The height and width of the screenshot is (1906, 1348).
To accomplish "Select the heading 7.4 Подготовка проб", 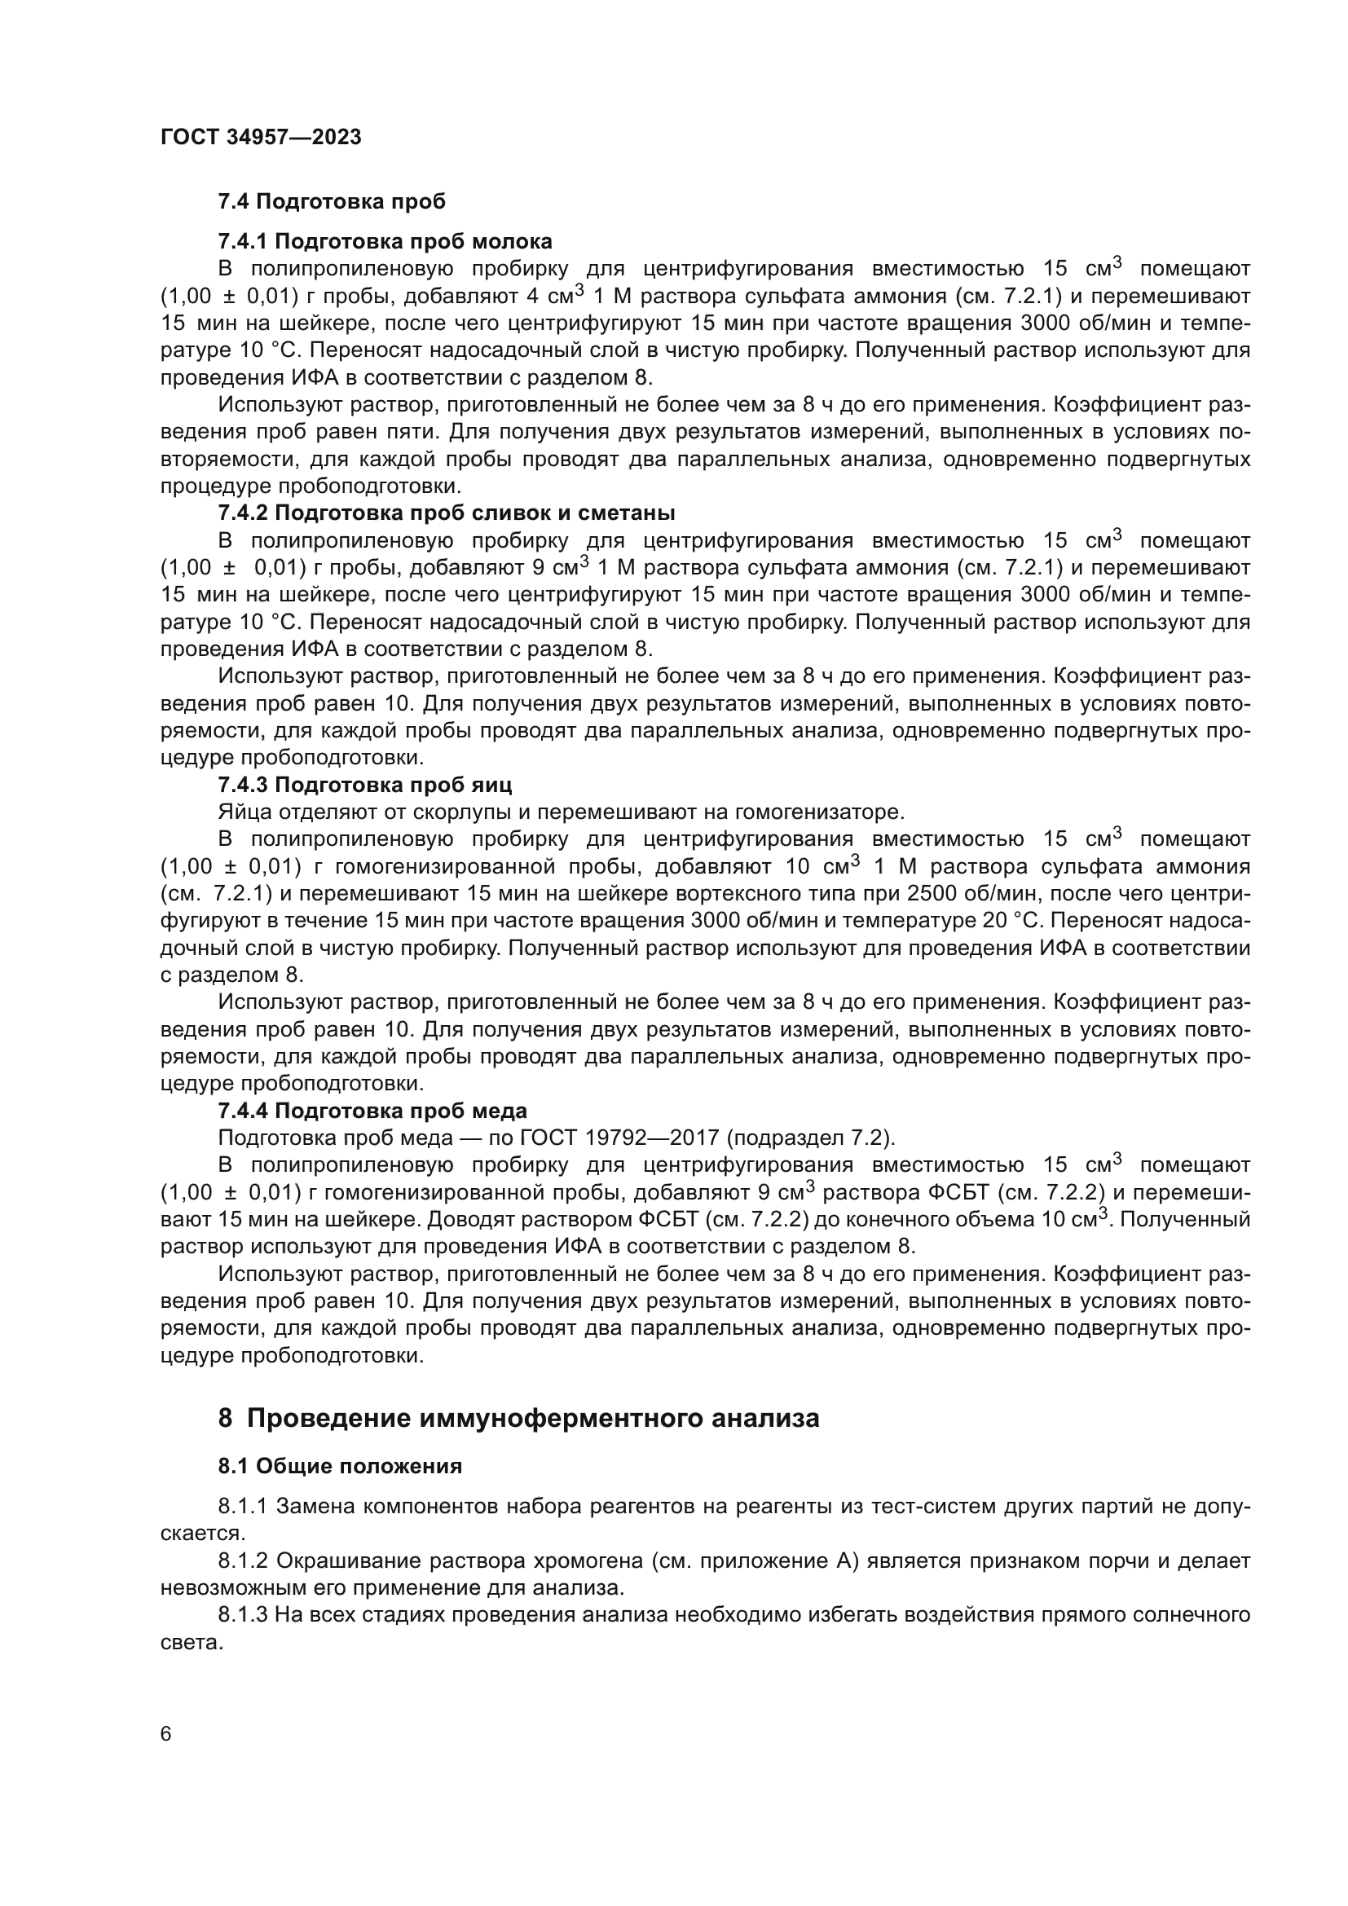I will pos(331,202).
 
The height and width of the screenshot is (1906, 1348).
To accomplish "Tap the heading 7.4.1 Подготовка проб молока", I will pos(385,241).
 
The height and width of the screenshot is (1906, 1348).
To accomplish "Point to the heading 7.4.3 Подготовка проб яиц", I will pos(364,785).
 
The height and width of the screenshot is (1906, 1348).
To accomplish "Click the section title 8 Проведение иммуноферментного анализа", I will pos(518,1418).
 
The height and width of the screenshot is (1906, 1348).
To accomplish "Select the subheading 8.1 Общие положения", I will pos(340,1467).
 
